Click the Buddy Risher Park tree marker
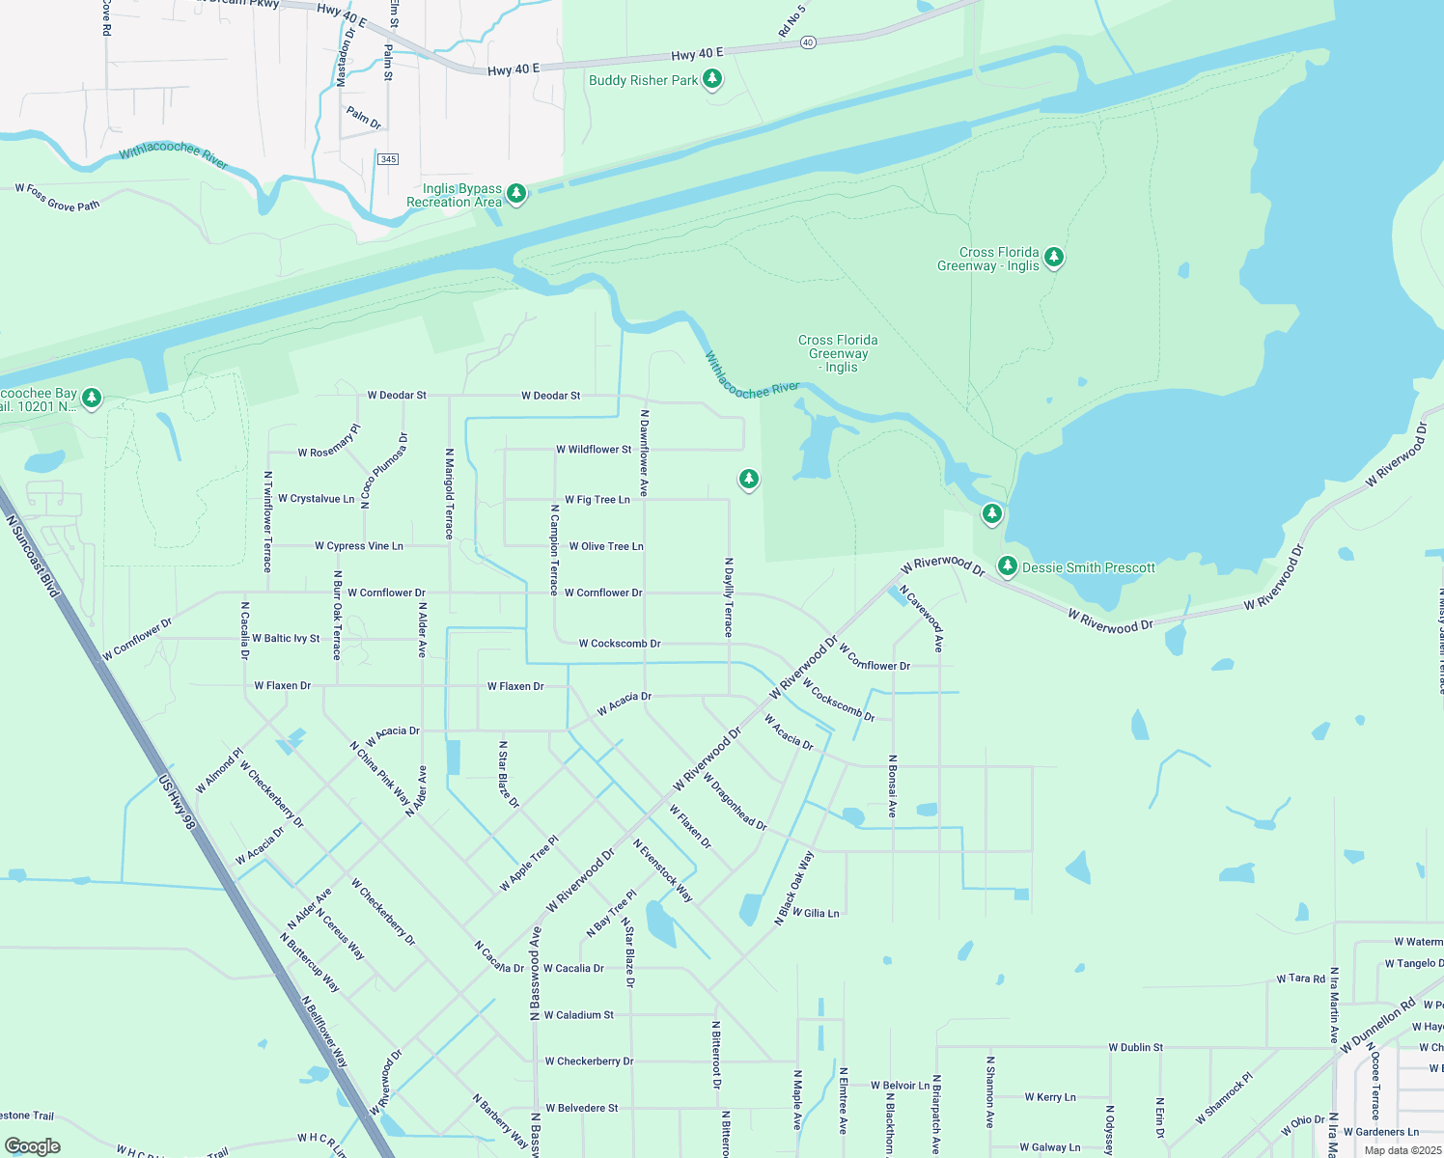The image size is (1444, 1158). point(712,79)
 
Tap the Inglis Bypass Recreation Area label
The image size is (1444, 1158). point(454,196)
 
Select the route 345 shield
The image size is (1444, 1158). point(388,159)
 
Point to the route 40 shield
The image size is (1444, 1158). point(808,42)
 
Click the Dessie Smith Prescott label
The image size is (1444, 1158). point(1088,567)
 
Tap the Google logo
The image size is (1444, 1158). point(33,1146)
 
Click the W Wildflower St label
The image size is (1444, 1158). point(594,450)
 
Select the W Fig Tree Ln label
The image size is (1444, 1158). point(597,500)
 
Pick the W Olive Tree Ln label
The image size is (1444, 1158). point(605,546)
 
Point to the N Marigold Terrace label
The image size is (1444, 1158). point(449,493)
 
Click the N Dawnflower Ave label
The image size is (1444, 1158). point(644,454)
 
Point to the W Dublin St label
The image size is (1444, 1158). point(1135,1047)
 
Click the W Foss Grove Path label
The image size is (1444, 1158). point(58,198)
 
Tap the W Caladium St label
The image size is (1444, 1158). point(578,1015)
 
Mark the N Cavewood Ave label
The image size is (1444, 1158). point(921,618)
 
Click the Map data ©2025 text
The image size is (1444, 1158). point(1402,1150)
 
